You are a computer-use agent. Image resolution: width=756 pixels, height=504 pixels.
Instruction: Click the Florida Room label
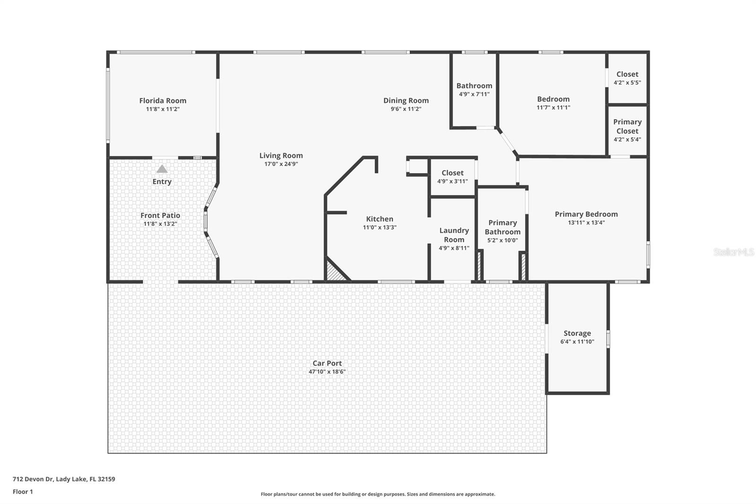(x=163, y=101)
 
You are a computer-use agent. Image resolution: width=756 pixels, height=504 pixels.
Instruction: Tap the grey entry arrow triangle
(x=162, y=169)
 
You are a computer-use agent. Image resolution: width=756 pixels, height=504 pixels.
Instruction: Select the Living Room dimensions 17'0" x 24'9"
(x=281, y=164)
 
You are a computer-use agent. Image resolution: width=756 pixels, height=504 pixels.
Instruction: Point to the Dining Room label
(x=406, y=100)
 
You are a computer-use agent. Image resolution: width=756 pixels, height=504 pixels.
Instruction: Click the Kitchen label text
(x=379, y=219)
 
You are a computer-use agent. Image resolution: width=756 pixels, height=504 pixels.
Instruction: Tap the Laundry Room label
(x=454, y=235)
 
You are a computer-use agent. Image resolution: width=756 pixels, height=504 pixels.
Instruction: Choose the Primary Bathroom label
(x=502, y=227)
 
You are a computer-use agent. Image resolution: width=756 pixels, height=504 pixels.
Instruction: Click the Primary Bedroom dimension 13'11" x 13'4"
(x=586, y=223)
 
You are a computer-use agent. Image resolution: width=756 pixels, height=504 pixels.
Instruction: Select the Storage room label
(x=577, y=333)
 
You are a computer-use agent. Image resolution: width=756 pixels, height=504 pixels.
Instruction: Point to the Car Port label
(x=327, y=363)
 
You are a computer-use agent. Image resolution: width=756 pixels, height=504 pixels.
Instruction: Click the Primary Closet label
(x=627, y=126)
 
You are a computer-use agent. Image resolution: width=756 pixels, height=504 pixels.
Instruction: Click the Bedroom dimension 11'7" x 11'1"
(x=553, y=107)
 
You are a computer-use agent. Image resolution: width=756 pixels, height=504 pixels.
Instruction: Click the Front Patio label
(x=160, y=216)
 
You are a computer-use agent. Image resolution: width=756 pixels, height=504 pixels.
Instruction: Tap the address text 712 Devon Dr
(x=64, y=479)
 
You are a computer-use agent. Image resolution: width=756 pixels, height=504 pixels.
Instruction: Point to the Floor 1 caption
(x=23, y=492)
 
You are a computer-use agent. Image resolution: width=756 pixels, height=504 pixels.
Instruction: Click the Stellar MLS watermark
(x=733, y=252)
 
